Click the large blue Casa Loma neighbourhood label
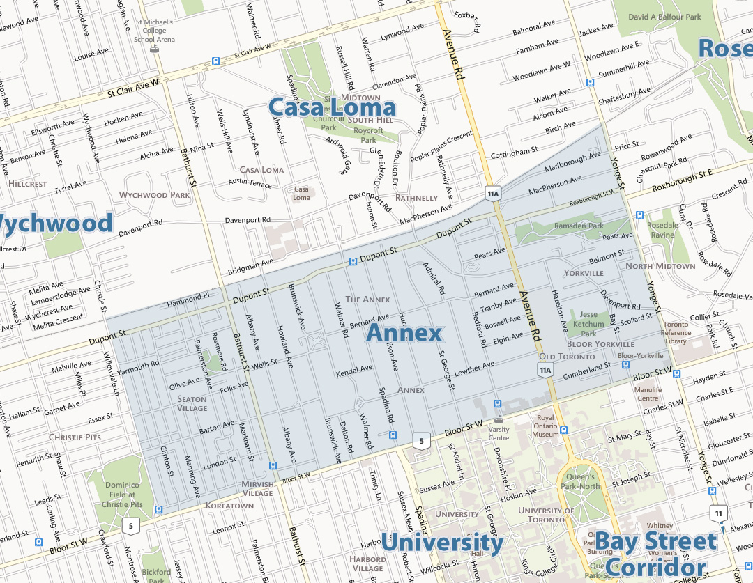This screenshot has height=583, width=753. pyautogui.click(x=332, y=107)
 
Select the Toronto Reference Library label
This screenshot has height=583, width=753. pyautogui.click(x=676, y=333)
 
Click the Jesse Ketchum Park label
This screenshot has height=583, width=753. pyautogui.click(x=588, y=324)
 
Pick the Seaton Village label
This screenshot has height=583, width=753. pyautogui.click(x=192, y=404)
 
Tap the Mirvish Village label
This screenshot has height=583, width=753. pyautogui.click(x=257, y=488)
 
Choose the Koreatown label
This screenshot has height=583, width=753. pyautogui.click(x=230, y=505)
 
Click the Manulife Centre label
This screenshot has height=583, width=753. pyautogui.click(x=648, y=394)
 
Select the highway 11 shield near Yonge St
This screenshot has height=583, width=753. pyautogui.click(x=719, y=514)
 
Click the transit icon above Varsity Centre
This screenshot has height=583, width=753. pyautogui.click(x=497, y=404)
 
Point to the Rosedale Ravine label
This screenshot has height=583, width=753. pyautogui.click(x=662, y=230)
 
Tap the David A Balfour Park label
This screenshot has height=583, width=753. pyautogui.click(x=664, y=16)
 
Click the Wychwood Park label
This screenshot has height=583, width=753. pyautogui.click(x=155, y=195)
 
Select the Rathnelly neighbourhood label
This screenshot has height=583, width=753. pyautogui.click(x=416, y=198)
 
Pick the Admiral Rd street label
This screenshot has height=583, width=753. pyautogui.click(x=432, y=279)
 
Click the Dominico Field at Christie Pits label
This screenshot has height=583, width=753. pyautogui.click(x=122, y=495)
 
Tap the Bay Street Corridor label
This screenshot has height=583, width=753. pyautogui.click(x=655, y=553)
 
